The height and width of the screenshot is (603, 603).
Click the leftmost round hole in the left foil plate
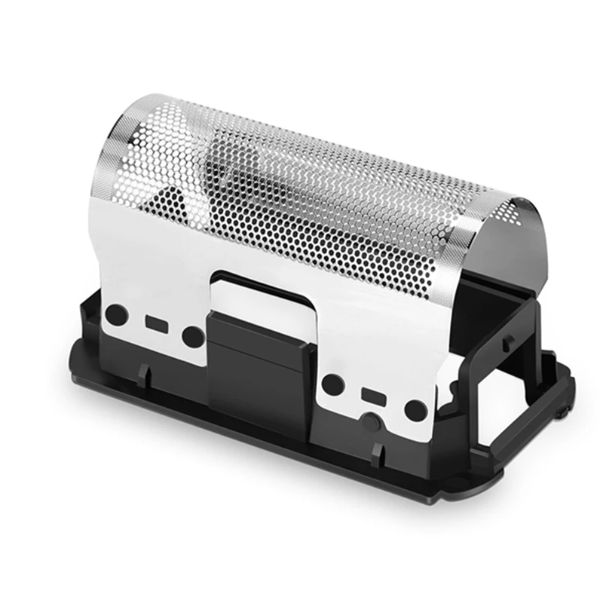tap(115, 315)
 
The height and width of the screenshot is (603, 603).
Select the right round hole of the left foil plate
tap(194, 336)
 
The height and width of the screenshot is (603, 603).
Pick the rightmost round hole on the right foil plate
tap(414, 410)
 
